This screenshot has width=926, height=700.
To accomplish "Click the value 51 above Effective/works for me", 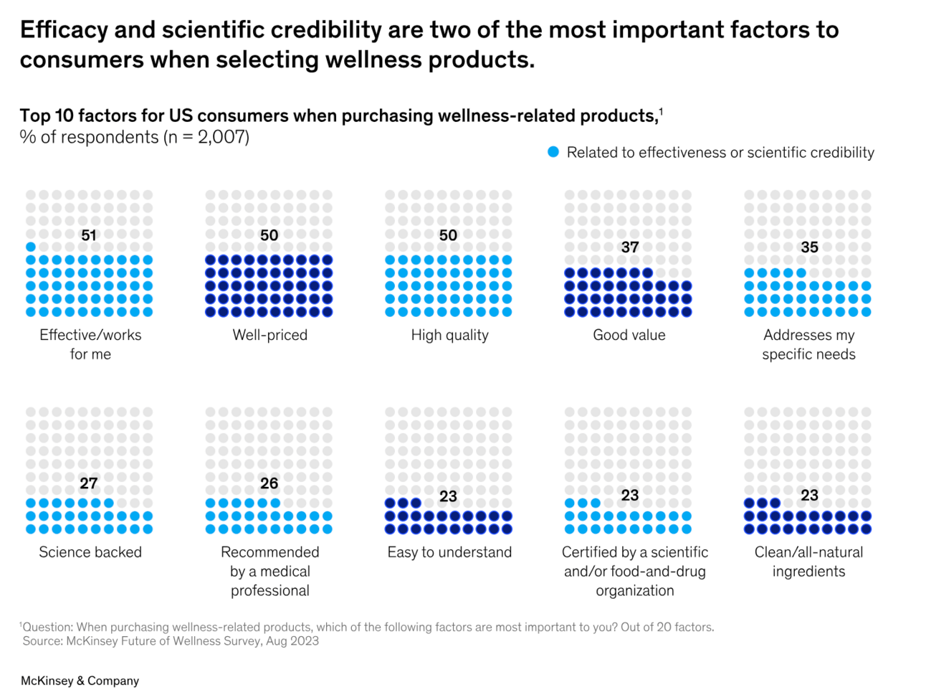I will [89, 235].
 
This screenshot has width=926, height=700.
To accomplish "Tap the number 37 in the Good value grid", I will [630, 247].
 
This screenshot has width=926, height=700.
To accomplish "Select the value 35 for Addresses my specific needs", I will [809, 247].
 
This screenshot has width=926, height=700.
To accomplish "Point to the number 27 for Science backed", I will [89, 483].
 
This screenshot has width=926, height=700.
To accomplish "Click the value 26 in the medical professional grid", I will [269, 483].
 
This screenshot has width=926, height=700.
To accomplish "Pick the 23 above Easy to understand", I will [448, 496].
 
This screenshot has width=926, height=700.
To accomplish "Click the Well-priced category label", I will [270, 335].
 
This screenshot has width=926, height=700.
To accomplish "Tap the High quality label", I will [449, 335].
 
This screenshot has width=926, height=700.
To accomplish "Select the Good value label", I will [629, 335].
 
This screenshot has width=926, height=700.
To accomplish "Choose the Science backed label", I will [90, 552].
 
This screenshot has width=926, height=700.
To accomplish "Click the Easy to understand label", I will [449, 552].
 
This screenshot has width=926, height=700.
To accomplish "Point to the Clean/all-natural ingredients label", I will [808, 562].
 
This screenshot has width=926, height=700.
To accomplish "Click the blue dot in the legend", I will [553, 152].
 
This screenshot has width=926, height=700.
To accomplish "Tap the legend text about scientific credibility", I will [720, 153].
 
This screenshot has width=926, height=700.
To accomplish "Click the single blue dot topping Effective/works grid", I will [31, 247].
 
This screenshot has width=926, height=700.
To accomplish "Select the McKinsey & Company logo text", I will [80, 681].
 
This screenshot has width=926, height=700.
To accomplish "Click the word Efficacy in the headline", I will [65, 30].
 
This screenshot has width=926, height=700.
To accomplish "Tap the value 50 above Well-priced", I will [269, 235].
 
